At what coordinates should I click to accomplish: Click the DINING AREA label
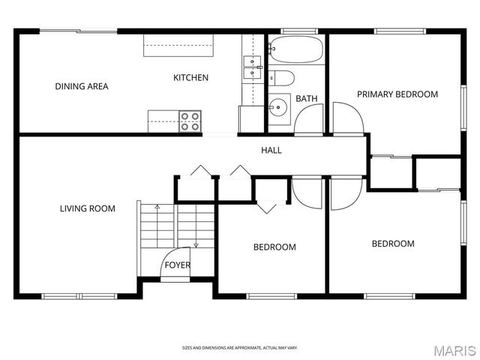[x=81, y=86]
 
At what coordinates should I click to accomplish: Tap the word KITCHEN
[x=190, y=78]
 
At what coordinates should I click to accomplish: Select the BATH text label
[x=306, y=99]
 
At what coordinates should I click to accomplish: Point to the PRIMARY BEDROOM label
[x=397, y=94]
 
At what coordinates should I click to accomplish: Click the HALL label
[x=271, y=150]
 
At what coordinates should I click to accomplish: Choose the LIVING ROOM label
[x=87, y=208]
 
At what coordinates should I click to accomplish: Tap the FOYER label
[x=178, y=265]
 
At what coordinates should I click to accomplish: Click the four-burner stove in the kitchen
[x=190, y=121]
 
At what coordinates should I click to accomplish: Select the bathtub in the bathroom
[x=296, y=50]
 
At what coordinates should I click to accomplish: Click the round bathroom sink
[x=279, y=107]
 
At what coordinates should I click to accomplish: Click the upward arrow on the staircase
[x=157, y=206]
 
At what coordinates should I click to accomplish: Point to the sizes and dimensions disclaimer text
[x=239, y=348]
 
